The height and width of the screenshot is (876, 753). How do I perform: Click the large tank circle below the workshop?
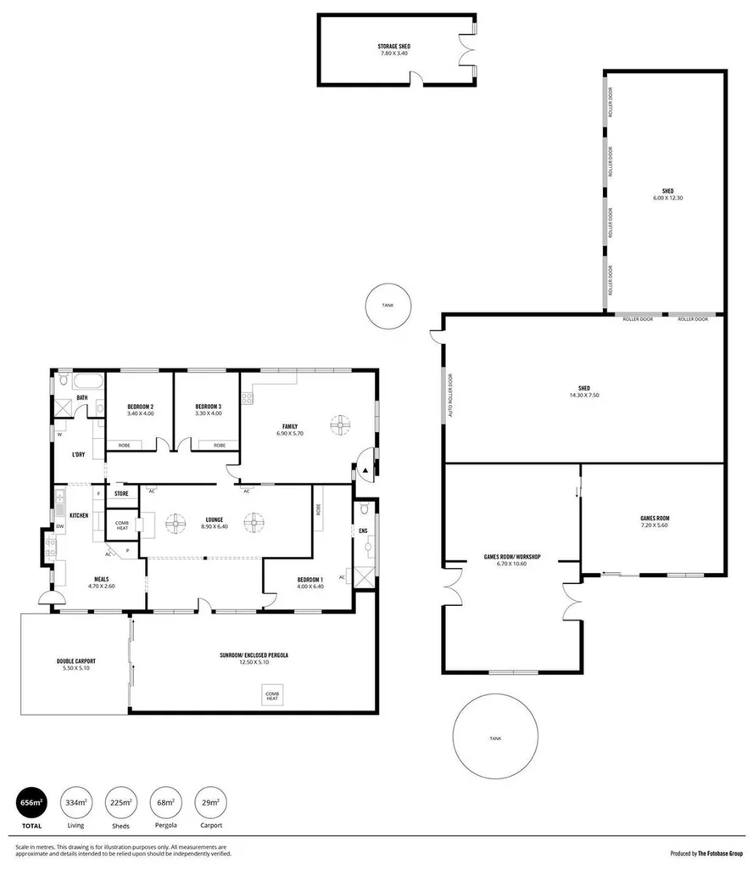[494, 738]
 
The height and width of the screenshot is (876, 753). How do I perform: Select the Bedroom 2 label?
[140, 406]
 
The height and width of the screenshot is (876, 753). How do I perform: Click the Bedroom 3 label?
[208, 406]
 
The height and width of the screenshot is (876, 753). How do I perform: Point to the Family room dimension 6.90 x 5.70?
[289, 434]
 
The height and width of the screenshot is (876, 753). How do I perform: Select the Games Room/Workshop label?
[512, 557]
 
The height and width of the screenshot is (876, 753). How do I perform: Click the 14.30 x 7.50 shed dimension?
[584, 395]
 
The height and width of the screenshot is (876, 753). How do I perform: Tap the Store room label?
[121, 493]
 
